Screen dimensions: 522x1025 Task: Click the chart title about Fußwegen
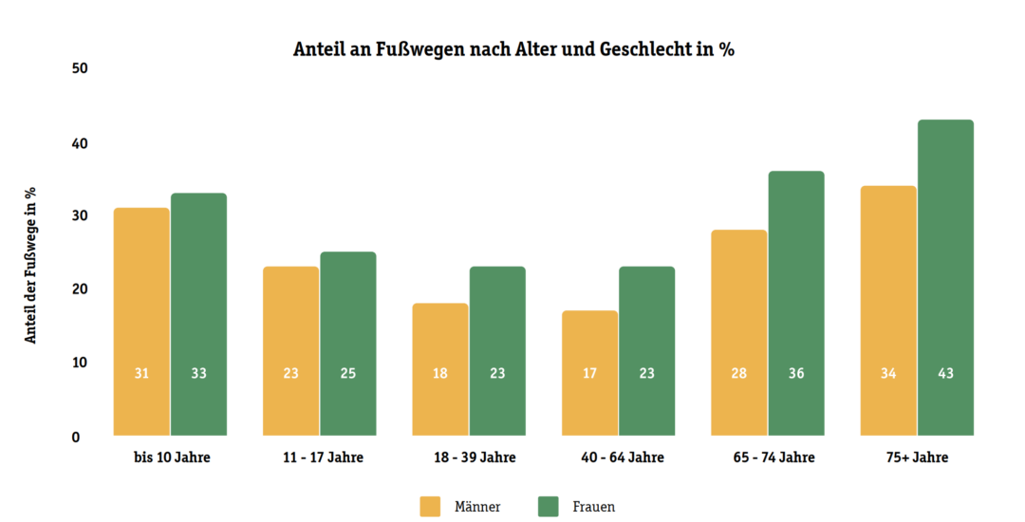click(513, 50)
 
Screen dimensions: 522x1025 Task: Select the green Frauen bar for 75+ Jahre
click(945, 275)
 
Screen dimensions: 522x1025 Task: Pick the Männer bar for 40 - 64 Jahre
click(589, 372)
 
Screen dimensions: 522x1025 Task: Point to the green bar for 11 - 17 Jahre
click(348, 343)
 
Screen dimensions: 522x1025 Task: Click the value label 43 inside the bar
click(945, 374)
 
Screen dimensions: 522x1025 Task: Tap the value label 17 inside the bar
click(589, 374)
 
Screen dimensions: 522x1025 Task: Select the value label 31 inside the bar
click(141, 374)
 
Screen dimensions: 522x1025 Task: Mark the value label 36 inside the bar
click(796, 374)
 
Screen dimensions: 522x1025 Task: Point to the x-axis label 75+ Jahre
click(917, 457)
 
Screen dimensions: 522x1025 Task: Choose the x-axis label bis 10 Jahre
click(172, 457)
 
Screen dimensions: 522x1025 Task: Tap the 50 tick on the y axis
click(79, 69)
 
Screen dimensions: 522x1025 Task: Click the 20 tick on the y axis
click(79, 289)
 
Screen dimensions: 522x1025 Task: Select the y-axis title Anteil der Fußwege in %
click(30, 264)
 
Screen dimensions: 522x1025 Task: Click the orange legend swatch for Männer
click(431, 507)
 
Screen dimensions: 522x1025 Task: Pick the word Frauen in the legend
click(593, 507)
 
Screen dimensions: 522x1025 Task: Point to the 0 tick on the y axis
click(75, 438)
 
